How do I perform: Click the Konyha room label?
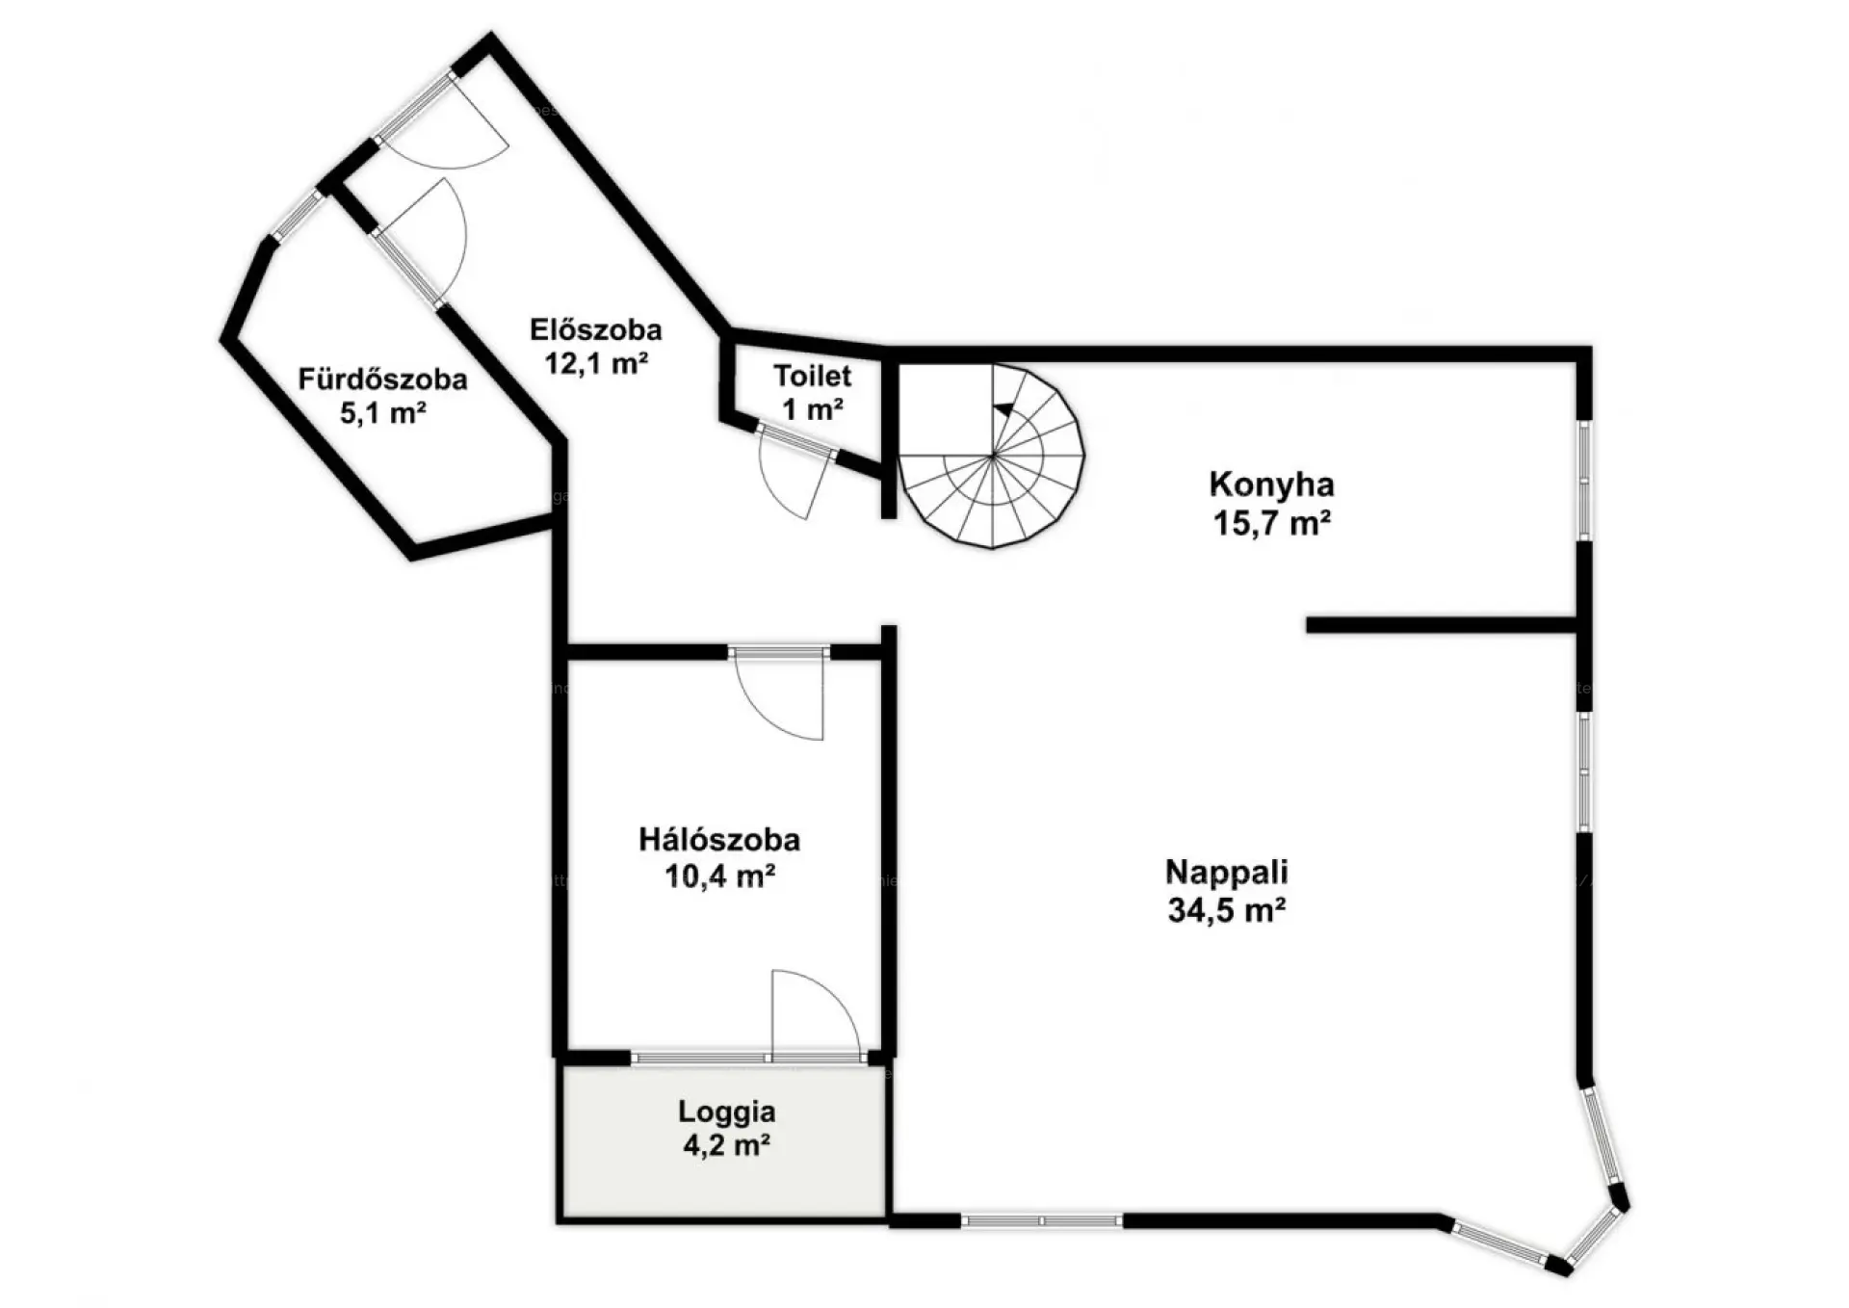pos(1271,484)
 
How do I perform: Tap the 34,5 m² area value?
pos(1227,909)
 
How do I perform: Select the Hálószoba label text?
pos(719,840)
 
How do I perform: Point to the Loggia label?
pos(726,1112)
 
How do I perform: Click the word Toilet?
pos(813,376)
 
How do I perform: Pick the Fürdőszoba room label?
pos(382,379)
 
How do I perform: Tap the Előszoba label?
pos(596,329)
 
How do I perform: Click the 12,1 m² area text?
pos(596,363)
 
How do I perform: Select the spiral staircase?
pos(992,456)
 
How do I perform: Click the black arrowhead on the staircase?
pos(1003,409)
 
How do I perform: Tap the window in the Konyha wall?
pos(1584,479)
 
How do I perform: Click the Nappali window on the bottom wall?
pos(1042,1221)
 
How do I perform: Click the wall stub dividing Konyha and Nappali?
pos(1442,625)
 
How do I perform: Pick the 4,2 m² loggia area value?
pos(726,1146)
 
